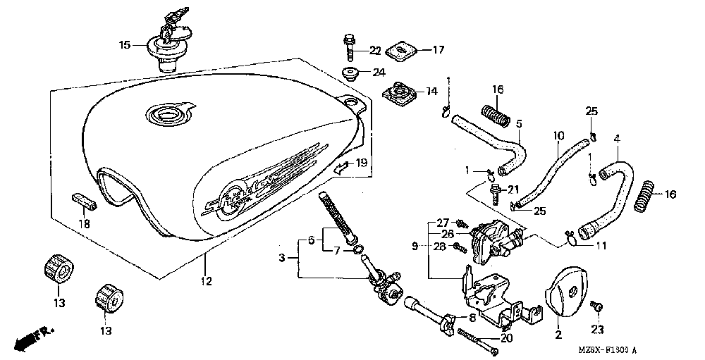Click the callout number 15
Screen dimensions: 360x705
click(x=124, y=45)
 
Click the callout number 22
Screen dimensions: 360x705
click(x=375, y=50)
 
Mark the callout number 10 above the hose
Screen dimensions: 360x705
click(x=558, y=135)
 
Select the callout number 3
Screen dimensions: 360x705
click(x=283, y=259)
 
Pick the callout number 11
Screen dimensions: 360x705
click(x=600, y=245)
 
